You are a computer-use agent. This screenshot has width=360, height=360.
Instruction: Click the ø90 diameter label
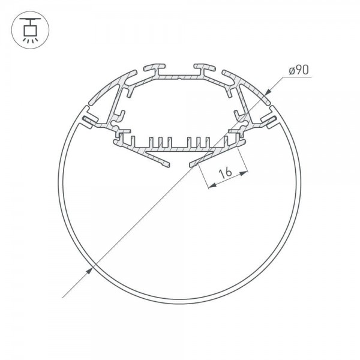(299, 70)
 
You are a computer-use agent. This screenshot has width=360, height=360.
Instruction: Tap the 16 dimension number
(226, 173)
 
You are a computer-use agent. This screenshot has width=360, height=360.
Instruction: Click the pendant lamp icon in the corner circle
(30, 30)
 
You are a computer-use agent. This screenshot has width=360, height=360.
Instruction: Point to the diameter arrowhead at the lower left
(89, 271)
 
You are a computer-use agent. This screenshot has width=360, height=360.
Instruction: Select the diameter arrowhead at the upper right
(268, 92)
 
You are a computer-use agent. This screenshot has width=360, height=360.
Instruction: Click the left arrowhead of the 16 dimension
(212, 185)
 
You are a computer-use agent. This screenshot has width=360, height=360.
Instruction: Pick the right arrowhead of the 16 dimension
(244, 173)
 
